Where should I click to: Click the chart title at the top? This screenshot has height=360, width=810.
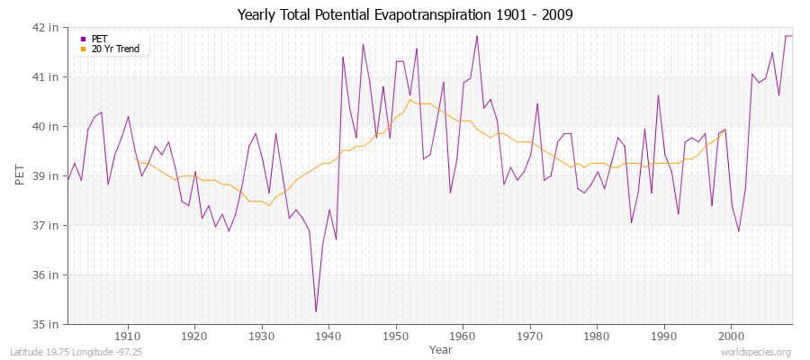pyautogui.click(x=404, y=14)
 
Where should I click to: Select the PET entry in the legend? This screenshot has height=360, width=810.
pyautogui.click(x=99, y=39)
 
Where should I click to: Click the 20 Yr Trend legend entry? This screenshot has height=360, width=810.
pyautogui.click(x=115, y=49)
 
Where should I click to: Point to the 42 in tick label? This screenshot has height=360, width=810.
pyautogui.click(x=47, y=28)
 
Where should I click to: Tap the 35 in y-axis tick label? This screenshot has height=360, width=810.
pyautogui.click(x=47, y=324)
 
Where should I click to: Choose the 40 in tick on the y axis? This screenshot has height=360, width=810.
pyautogui.click(x=47, y=126)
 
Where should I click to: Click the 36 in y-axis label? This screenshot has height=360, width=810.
pyautogui.click(x=47, y=274)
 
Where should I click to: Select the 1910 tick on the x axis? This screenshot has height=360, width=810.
pyautogui.click(x=128, y=336)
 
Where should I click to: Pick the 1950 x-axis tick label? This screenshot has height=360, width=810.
pyautogui.click(x=396, y=336)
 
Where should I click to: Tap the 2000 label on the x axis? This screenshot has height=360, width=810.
pyautogui.click(x=731, y=336)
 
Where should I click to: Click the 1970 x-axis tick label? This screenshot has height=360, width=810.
pyautogui.click(x=530, y=336)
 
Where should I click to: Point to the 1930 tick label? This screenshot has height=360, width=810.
pyautogui.click(x=262, y=336)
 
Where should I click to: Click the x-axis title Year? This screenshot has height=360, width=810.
pyautogui.click(x=441, y=348)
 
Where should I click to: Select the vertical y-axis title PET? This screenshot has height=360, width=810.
pyautogui.click(x=21, y=175)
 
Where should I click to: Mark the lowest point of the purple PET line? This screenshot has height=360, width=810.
pyautogui.click(x=316, y=311)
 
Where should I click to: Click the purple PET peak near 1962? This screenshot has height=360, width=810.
pyautogui.click(x=477, y=36)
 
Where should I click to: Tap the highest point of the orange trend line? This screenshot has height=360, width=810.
pyautogui.click(x=409, y=99)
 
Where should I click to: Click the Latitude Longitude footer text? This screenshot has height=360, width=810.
pyautogui.click(x=61, y=352)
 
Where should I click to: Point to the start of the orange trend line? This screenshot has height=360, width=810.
pyautogui.click(x=135, y=159)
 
